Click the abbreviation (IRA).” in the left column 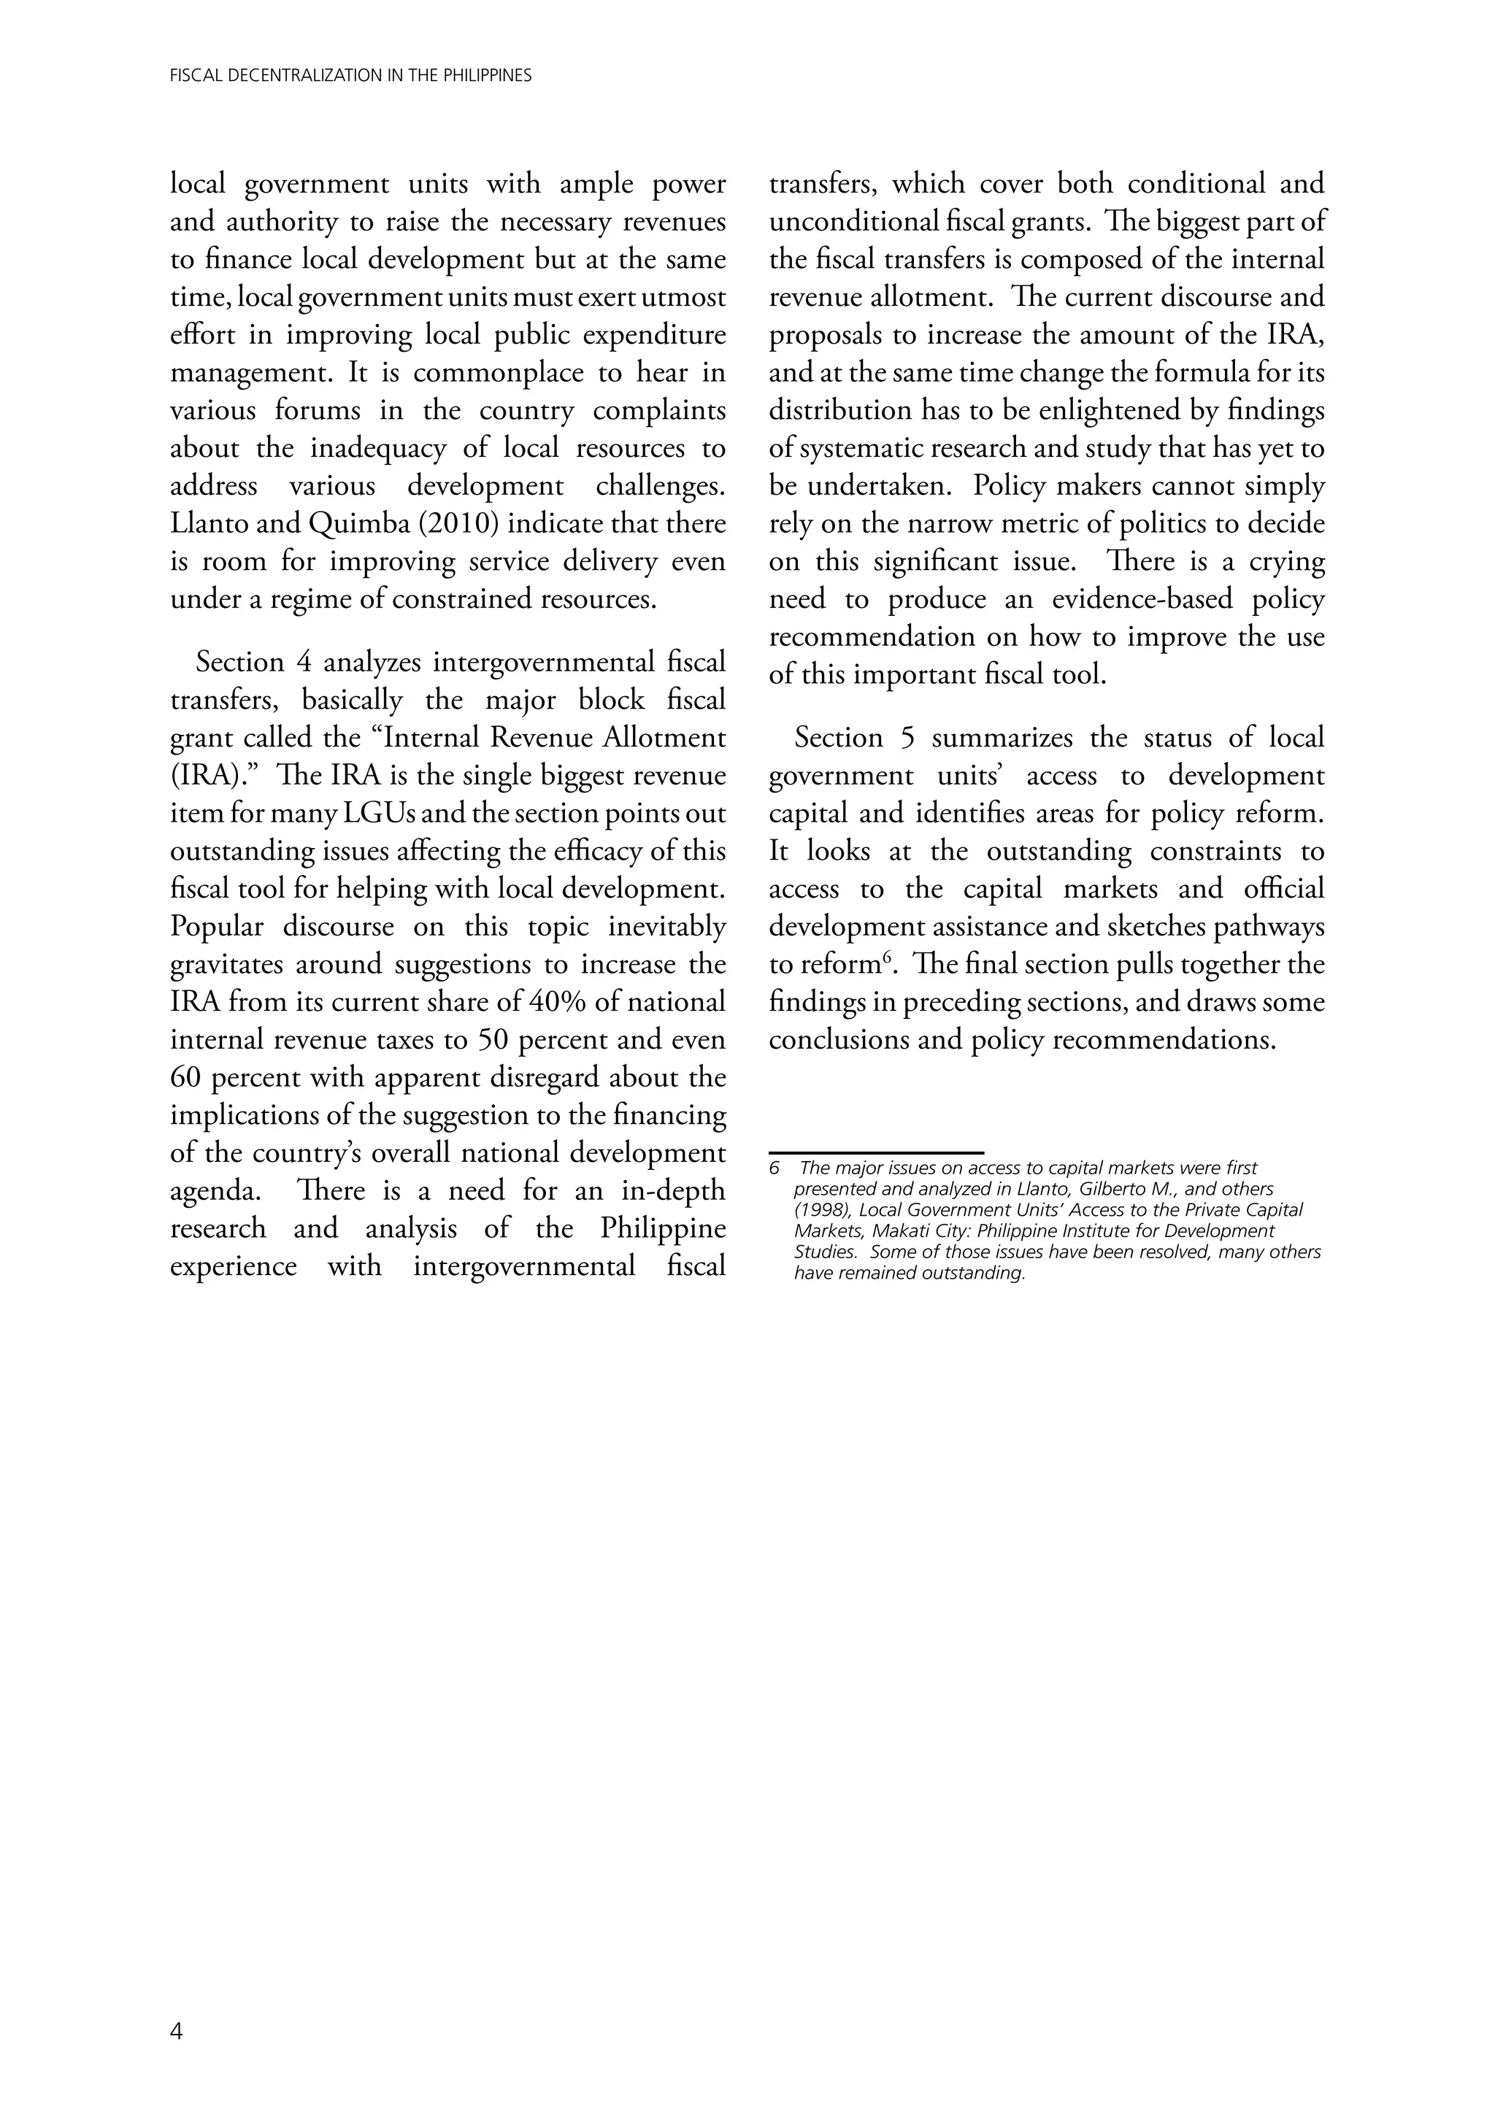coord(212,776)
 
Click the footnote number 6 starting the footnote coord(775,1168)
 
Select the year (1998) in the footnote coord(823,1210)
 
